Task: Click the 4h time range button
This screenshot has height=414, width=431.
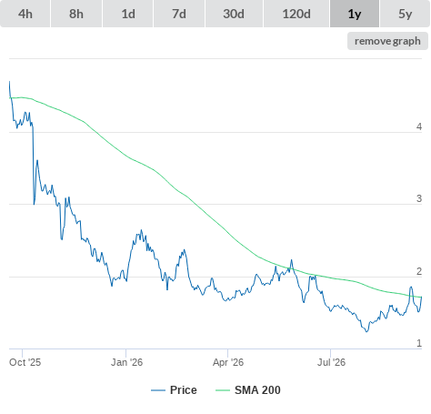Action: pos(25,14)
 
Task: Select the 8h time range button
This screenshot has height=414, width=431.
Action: pos(76,14)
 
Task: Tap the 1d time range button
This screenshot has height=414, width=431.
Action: pos(128,14)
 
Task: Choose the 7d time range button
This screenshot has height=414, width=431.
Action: pos(179,14)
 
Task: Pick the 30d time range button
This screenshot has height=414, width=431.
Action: pos(234,14)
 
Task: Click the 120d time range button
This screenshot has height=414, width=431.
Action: pos(296,14)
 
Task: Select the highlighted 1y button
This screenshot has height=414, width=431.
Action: pos(355,14)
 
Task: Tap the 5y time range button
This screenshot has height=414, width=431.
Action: pos(406,14)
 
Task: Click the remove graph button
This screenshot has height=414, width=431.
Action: pos(387,41)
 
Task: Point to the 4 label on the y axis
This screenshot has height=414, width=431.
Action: pos(419,126)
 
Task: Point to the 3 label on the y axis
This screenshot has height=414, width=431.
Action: pos(419,198)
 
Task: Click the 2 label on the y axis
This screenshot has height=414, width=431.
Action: pos(419,271)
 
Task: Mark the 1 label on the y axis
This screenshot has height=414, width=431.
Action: pos(419,343)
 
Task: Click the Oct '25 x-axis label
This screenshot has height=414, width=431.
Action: pos(25,362)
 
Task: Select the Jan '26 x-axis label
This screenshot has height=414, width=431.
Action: pos(126,362)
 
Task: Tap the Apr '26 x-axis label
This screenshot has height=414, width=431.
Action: pos(228,362)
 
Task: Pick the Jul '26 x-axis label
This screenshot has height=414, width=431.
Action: pos(331,362)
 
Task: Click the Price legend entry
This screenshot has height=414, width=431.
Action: pos(174,390)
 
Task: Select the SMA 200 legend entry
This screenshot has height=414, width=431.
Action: pos(248,390)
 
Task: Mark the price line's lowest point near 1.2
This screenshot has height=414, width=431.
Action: pos(366,332)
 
